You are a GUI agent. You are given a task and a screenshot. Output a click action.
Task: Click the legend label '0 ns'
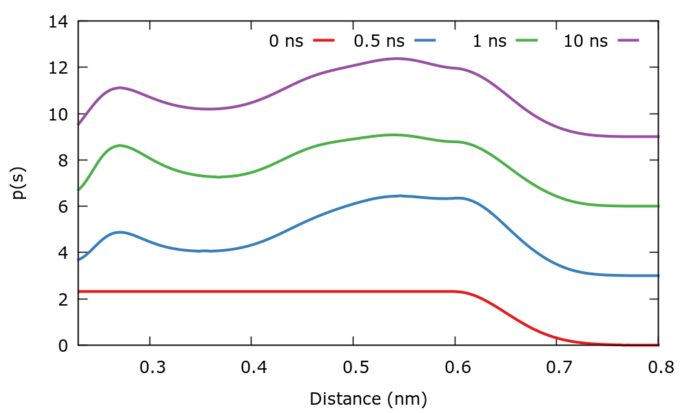[286, 41]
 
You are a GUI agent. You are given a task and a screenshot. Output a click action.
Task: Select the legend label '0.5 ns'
[379, 41]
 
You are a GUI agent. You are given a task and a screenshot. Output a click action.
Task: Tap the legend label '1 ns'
[489, 41]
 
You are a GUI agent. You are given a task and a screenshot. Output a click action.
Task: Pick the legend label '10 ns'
[586, 41]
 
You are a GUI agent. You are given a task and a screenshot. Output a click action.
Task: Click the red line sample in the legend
[324, 41]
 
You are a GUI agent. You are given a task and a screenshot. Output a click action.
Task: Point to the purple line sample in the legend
[629, 41]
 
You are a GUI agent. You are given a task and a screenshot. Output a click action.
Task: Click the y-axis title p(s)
[20, 183]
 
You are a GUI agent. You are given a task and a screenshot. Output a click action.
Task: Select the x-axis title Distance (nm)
[368, 399]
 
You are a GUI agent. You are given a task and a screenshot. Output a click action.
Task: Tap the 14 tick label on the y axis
[59, 21]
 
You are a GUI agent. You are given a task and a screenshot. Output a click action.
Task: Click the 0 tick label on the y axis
[63, 345]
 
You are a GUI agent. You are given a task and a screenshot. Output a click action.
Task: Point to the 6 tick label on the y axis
[63, 206]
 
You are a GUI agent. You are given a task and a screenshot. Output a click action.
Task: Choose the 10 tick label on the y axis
[59, 114]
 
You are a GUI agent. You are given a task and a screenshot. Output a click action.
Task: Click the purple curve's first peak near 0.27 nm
[121, 87]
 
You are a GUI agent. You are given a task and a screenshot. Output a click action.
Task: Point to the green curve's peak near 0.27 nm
[121, 145]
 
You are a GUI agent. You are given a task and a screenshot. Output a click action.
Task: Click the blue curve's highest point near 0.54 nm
[398, 195]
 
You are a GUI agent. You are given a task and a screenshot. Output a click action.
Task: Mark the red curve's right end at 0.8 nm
[658, 345]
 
